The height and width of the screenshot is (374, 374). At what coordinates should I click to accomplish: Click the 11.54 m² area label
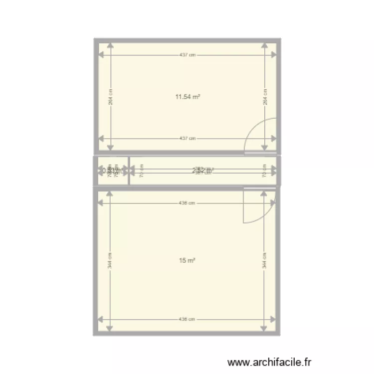(x=187, y=97)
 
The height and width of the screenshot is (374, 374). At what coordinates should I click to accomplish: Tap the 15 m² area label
(x=187, y=260)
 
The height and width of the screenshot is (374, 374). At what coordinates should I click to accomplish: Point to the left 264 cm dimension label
(x=111, y=97)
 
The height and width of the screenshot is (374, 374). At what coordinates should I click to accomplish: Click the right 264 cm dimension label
(x=265, y=97)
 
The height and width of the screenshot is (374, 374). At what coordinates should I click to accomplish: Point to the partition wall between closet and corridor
(x=129, y=171)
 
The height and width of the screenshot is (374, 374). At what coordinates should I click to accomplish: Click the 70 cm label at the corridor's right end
(x=265, y=171)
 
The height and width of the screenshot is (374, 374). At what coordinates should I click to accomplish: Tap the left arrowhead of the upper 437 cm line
(x=101, y=55)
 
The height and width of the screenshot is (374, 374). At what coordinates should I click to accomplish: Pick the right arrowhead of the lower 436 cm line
(x=273, y=319)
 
